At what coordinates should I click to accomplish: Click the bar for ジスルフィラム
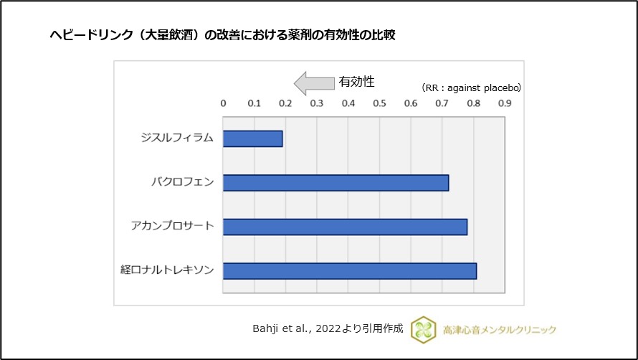tap(252, 138)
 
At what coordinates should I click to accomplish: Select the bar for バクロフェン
tap(335, 182)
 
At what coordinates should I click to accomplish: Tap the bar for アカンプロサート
tap(345, 227)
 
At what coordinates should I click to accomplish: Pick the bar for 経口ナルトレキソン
tap(350, 271)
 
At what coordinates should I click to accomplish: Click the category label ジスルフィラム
tap(177, 138)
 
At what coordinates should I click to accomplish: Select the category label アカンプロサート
tap(172, 227)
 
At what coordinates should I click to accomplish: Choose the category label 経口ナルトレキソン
tap(167, 271)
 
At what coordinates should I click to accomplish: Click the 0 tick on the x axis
tap(223, 103)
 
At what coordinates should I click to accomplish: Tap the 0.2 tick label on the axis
tap(285, 103)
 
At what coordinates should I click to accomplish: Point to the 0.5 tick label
tap(379, 103)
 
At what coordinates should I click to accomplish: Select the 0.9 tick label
tap(505, 103)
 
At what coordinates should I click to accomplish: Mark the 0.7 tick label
tap(442, 103)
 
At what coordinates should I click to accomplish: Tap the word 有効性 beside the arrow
tap(357, 82)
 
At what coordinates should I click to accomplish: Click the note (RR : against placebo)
tap(471, 87)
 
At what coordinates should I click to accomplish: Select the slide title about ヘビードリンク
tap(222, 34)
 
